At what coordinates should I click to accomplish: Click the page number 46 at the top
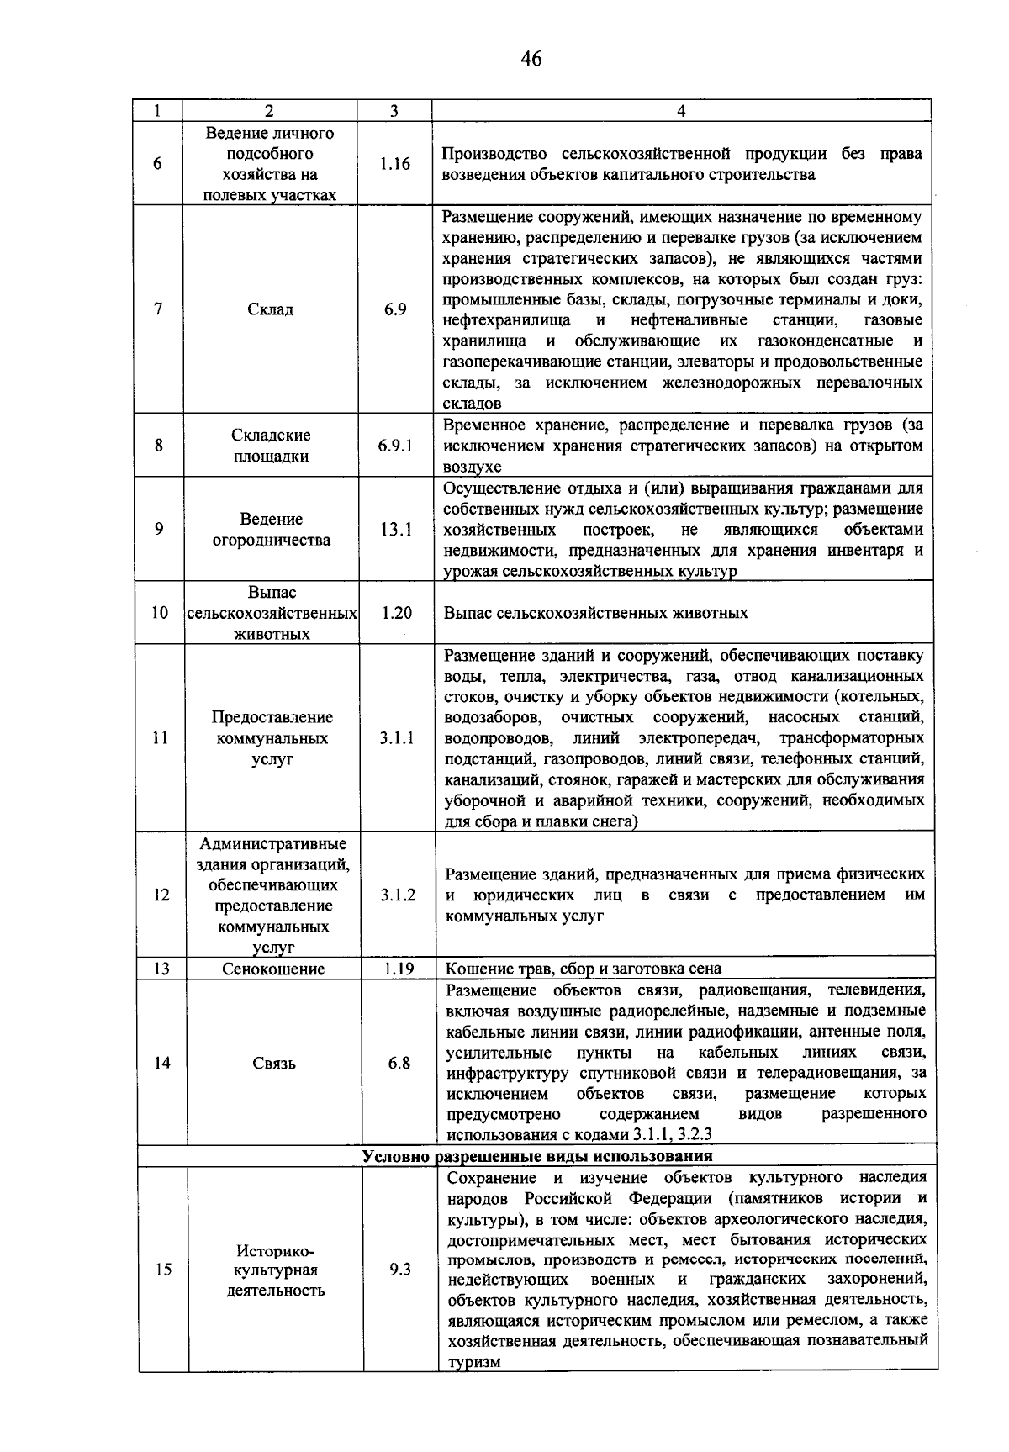(x=531, y=59)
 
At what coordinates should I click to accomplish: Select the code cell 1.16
(x=394, y=164)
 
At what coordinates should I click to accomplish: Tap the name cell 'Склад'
(x=271, y=309)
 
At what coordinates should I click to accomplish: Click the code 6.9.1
(x=395, y=446)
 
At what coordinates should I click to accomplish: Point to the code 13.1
(x=395, y=530)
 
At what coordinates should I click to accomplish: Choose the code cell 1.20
(x=396, y=613)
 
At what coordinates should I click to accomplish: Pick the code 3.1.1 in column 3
(x=397, y=738)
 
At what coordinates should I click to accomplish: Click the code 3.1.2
(x=398, y=895)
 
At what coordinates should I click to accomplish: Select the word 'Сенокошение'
(x=273, y=969)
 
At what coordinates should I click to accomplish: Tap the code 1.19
(x=399, y=969)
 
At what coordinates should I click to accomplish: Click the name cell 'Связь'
(x=274, y=1064)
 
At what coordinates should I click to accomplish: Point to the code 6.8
(x=399, y=1063)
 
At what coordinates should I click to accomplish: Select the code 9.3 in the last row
(x=400, y=1270)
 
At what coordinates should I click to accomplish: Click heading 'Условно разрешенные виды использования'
(x=537, y=1156)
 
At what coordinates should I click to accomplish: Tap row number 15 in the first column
(x=163, y=1270)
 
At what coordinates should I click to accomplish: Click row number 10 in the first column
(x=160, y=613)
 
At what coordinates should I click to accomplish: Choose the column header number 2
(x=269, y=111)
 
